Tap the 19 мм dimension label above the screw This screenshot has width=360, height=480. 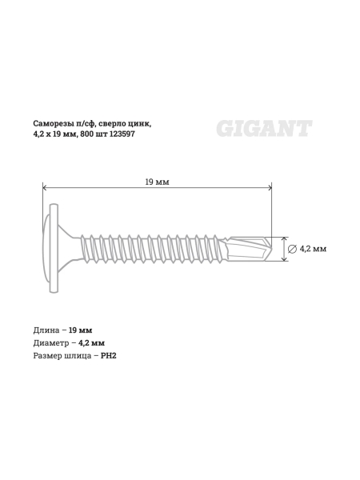pyautogui.click(x=157, y=182)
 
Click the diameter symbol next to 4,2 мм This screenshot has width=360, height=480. pyautogui.click(x=292, y=249)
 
